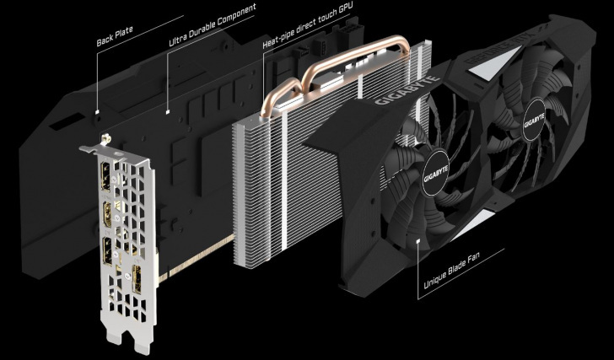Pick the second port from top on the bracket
(x=111, y=212)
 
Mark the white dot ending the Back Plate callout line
(x=99, y=110)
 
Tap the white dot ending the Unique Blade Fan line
(x=419, y=240)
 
